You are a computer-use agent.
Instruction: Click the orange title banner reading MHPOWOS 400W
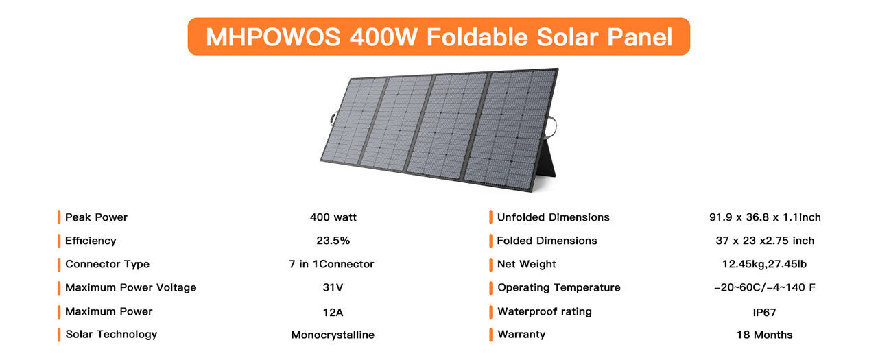[x=439, y=36]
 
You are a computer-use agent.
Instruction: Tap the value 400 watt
[x=333, y=217]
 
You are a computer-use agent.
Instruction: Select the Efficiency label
[x=91, y=241]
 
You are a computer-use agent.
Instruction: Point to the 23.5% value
[x=333, y=241]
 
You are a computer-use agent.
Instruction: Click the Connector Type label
[x=107, y=264]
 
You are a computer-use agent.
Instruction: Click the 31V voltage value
[x=333, y=287]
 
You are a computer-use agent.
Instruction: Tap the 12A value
[x=333, y=312]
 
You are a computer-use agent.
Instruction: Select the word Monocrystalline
[x=333, y=335]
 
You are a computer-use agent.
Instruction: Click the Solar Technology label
[x=111, y=335]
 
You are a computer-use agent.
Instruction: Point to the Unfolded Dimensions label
[x=553, y=217]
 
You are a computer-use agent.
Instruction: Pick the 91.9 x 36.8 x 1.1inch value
[x=765, y=217]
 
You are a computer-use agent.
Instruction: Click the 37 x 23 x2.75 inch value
[x=765, y=241]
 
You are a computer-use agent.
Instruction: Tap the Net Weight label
[x=526, y=264]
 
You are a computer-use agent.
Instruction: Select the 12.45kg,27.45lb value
[x=765, y=264]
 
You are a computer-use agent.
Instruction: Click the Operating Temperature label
[x=558, y=287]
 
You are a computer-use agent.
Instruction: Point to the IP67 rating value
[x=764, y=312]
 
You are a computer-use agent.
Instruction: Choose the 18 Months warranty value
[x=764, y=335]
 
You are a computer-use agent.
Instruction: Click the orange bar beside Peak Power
[x=59, y=217]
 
